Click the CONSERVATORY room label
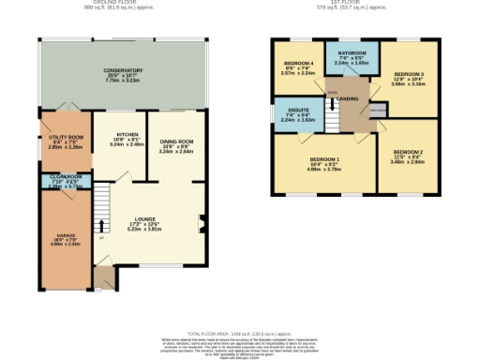123,70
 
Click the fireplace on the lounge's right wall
202,223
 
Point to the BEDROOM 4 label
298,65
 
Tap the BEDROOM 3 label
409,73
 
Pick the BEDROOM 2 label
408,152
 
